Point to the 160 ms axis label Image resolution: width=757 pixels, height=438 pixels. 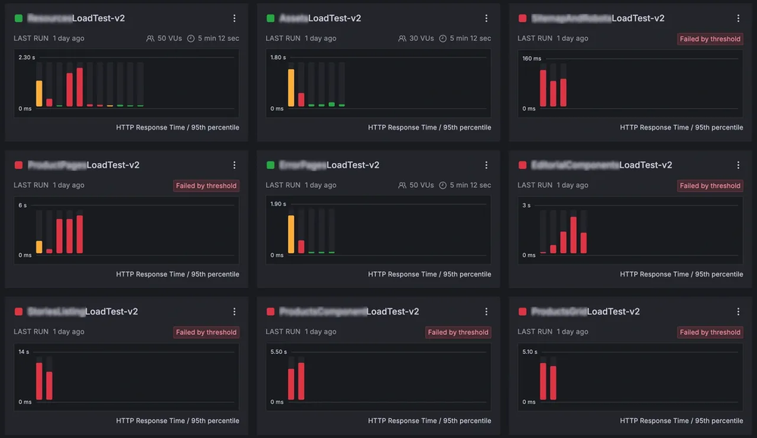pos(531,58)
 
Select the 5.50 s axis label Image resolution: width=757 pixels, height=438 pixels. pos(278,352)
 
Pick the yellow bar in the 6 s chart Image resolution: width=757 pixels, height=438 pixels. pos(39,246)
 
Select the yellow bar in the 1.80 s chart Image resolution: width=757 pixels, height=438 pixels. pos(291,87)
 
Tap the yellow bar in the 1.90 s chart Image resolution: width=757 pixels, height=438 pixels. pos(291,233)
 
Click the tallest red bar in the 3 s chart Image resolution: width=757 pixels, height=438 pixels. pos(574,235)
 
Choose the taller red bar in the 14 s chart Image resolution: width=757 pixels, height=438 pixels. pos(39,380)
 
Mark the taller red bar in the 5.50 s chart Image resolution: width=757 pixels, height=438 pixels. pos(301,380)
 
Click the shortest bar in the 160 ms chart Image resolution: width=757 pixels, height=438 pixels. pos(553,93)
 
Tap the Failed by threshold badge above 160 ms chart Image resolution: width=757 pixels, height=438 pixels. pos(710,39)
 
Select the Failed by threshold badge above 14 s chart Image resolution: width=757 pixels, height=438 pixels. pos(206,332)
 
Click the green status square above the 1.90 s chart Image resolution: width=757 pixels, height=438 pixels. pos(271,164)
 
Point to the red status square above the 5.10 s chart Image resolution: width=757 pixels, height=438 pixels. pos(522,311)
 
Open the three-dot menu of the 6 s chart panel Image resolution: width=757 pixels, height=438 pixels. pos(234,164)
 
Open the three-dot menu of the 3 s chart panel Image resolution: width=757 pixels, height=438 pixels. pos(739,164)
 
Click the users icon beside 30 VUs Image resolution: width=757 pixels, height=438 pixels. pos(402,38)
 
